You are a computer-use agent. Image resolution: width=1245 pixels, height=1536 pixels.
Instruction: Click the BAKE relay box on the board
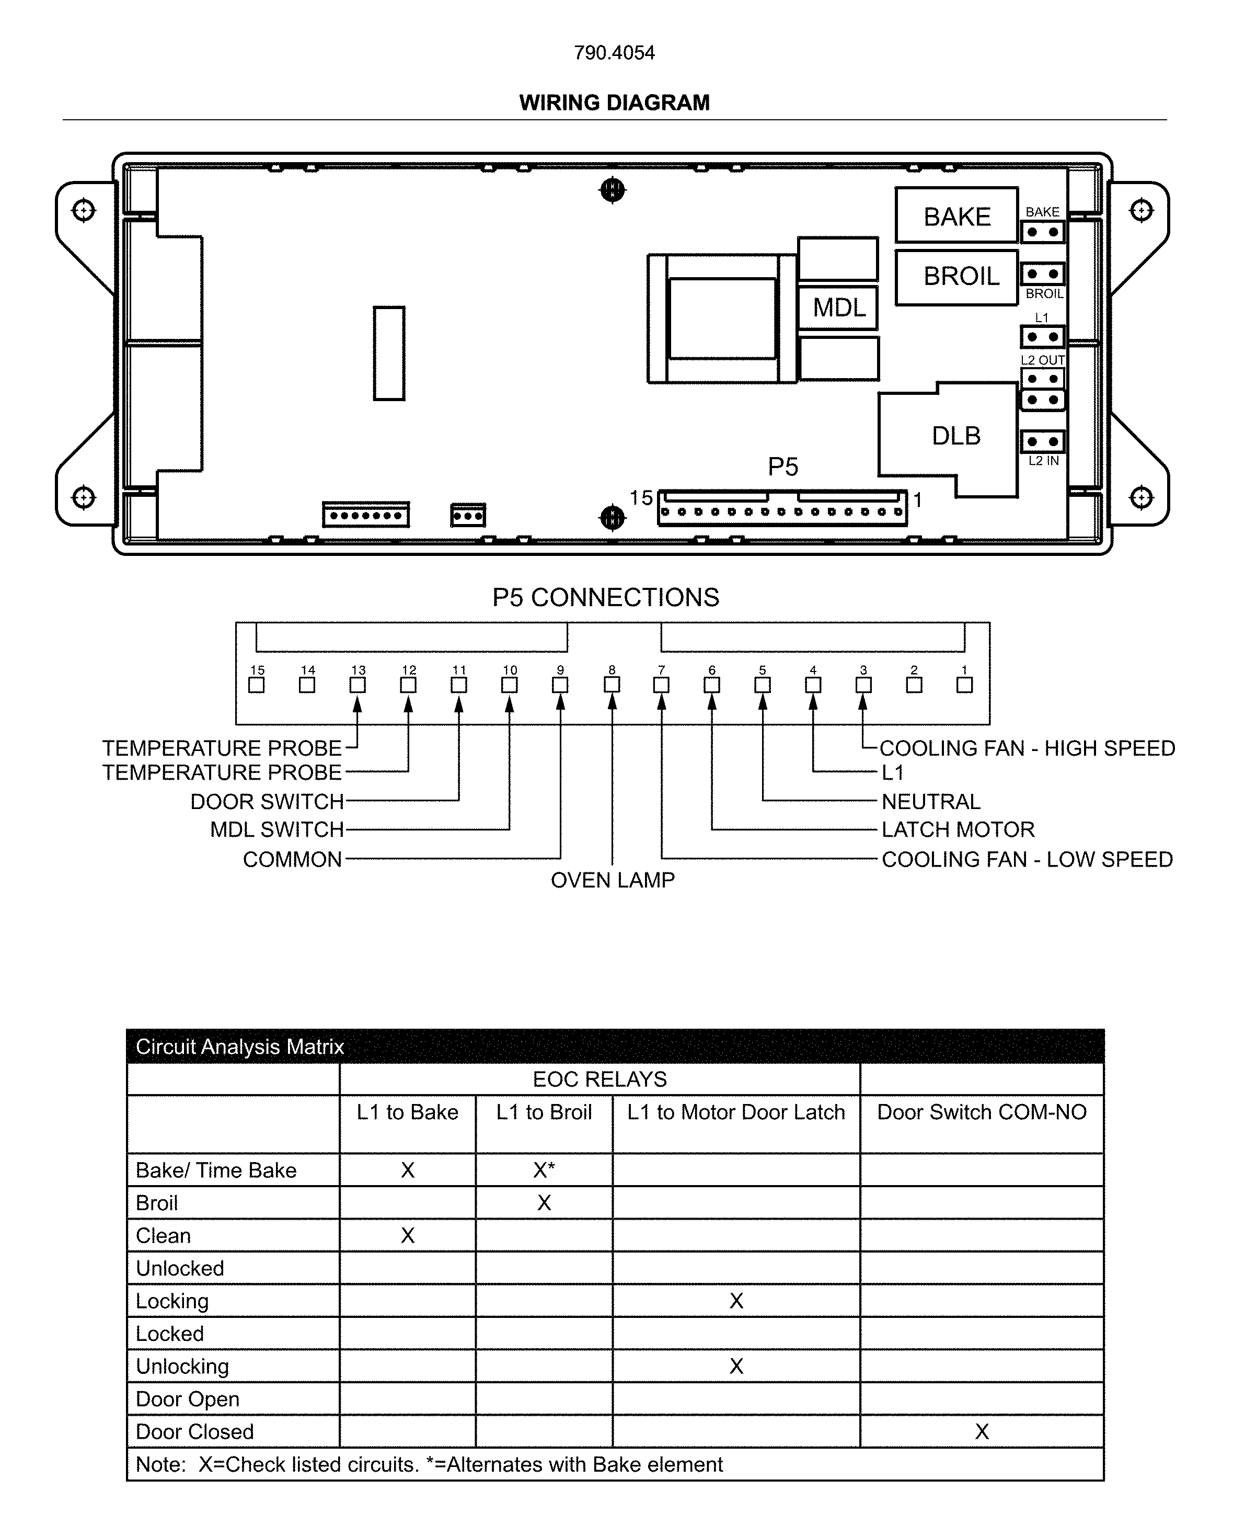tap(956, 216)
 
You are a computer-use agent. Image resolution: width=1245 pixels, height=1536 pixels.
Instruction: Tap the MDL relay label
tap(838, 308)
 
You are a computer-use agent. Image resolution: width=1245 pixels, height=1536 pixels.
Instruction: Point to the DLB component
tap(955, 436)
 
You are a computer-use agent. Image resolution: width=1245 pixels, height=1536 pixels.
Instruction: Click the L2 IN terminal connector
tap(1042, 441)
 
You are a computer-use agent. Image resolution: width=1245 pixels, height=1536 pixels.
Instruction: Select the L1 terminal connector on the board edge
tap(1042, 336)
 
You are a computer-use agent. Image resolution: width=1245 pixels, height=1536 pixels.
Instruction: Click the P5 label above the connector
tap(782, 467)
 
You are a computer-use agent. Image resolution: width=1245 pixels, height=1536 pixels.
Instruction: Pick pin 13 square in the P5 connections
tap(357, 685)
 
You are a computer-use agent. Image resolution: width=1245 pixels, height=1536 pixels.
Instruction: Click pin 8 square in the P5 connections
tap(612, 685)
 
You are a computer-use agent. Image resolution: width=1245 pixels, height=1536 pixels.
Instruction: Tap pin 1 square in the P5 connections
tap(965, 685)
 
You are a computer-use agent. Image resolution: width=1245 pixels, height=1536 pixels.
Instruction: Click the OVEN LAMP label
tap(613, 880)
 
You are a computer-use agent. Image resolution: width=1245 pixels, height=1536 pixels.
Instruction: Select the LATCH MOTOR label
tap(958, 829)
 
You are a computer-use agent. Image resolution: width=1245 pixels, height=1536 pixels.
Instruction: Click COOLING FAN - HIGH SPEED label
tap(1027, 748)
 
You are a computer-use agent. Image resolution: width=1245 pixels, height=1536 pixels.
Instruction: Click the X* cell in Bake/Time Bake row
tap(544, 1170)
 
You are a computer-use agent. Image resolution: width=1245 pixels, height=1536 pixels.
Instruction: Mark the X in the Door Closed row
tap(981, 1431)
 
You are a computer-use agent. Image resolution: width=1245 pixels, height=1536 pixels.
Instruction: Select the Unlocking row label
tap(182, 1366)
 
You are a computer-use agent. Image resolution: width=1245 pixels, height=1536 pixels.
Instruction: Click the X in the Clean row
tap(407, 1235)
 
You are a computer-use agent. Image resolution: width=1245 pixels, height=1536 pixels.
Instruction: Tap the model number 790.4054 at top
tap(614, 52)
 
